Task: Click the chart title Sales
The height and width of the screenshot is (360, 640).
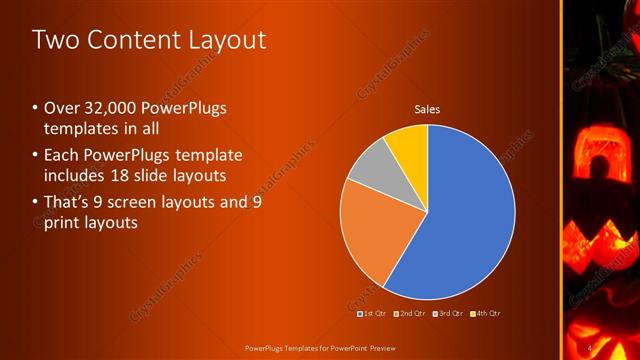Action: click(428, 109)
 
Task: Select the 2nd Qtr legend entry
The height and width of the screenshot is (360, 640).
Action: click(410, 313)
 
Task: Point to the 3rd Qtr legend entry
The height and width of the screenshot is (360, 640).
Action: click(446, 313)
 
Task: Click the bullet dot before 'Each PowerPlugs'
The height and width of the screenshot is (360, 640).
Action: click(36, 155)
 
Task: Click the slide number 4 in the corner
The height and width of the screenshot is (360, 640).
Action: click(591, 348)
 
